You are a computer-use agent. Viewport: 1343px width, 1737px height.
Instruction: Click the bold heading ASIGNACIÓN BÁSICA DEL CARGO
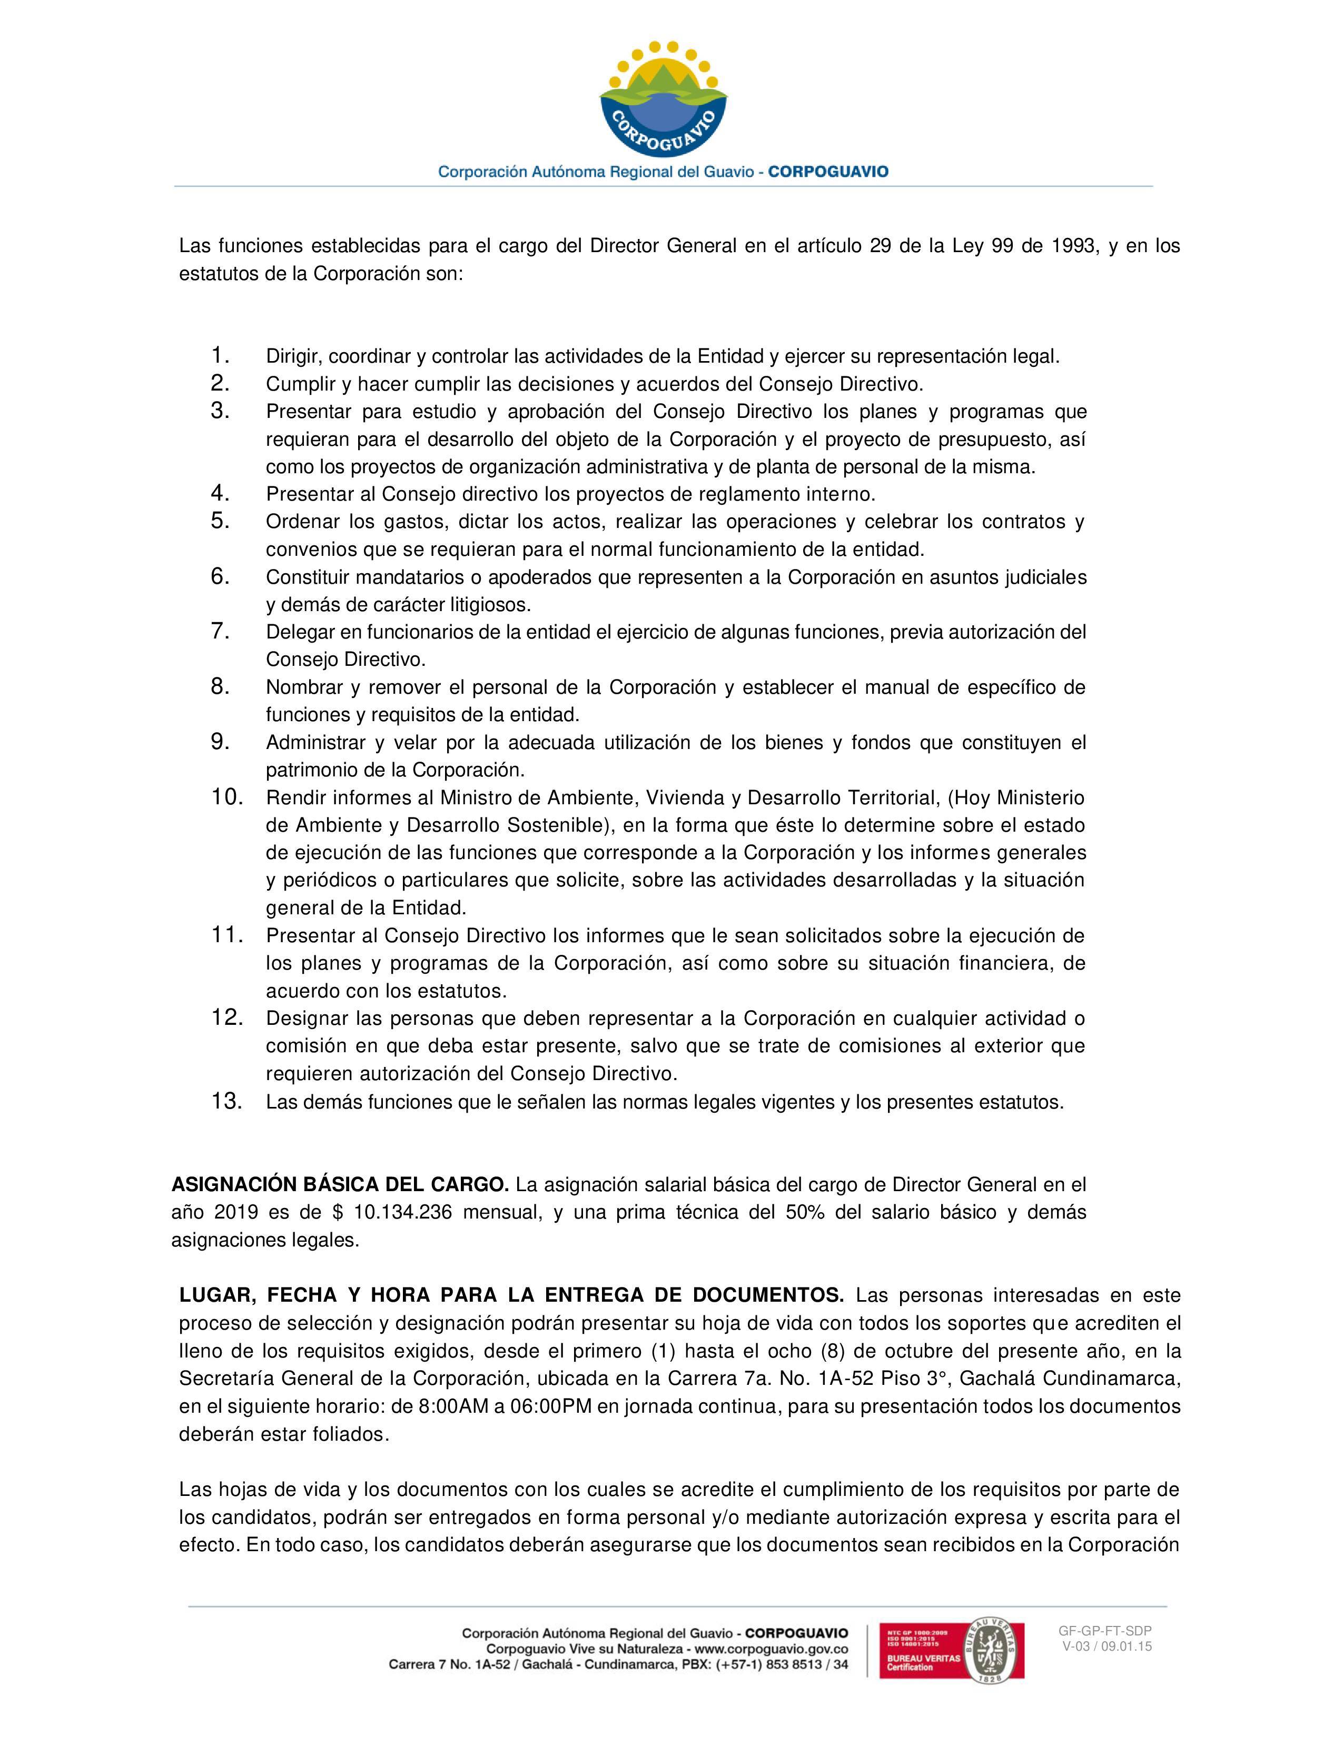[340, 1185]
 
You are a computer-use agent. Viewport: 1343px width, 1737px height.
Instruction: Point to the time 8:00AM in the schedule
[455, 1405]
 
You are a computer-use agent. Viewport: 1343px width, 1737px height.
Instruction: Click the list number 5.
[220, 521]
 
